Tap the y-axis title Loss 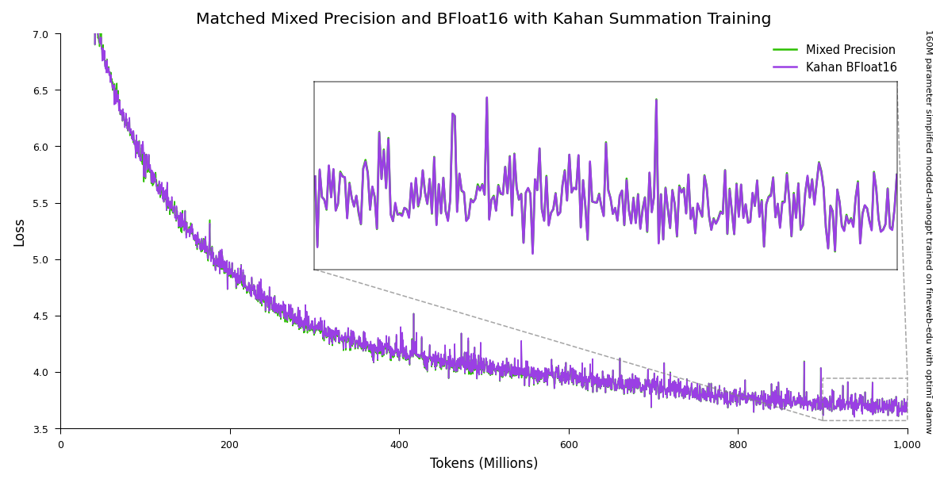click(x=20, y=232)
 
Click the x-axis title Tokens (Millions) click(x=484, y=464)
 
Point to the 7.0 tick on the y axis click(x=40, y=34)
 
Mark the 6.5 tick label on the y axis click(x=40, y=90)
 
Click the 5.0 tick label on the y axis click(x=40, y=259)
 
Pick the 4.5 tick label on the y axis click(x=40, y=316)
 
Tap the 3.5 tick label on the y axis click(x=40, y=429)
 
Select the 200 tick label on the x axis click(x=230, y=445)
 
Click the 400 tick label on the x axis click(x=399, y=445)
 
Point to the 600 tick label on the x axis click(x=569, y=445)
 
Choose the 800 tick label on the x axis click(x=738, y=445)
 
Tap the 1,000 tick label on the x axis click(x=907, y=445)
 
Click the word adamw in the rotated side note click(x=928, y=418)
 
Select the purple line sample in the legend click(x=786, y=67)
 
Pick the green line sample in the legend click(x=786, y=50)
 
